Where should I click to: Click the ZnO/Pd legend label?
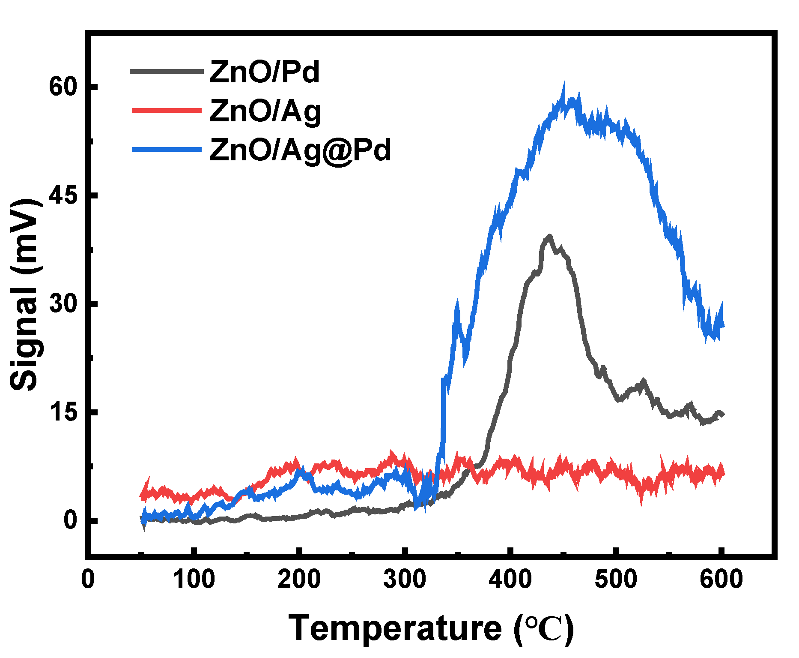[265, 72]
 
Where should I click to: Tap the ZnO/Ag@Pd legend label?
[300, 150]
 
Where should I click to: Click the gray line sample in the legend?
[167, 71]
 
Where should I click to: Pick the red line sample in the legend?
[167, 110]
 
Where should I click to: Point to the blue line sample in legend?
[167, 149]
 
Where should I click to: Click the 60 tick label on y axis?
[63, 87]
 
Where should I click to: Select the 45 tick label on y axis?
[63, 195]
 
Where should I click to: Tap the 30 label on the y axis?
[63, 303]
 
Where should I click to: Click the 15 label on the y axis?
[63, 412]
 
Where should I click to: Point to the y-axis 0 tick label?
[70, 520]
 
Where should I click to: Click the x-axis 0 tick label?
[88, 580]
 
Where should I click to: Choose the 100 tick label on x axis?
[194, 580]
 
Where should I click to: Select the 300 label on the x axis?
[405, 580]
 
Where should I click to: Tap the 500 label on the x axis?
[616, 580]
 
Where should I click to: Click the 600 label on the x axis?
[721, 580]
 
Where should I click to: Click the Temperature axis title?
[431, 628]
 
